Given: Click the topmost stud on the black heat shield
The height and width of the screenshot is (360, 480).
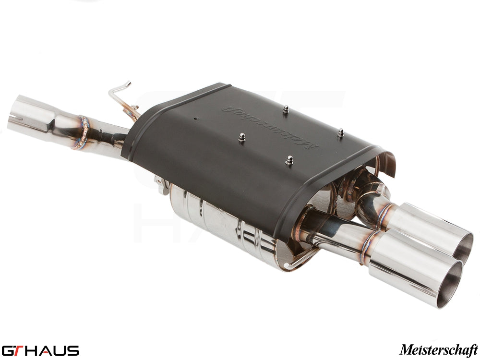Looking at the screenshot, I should pyautogui.click(x=285, y=110).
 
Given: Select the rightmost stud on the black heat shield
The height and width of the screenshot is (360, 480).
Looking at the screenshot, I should pyautogui.click(x=340, y=132).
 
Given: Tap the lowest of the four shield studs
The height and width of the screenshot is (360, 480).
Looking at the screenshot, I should pyautogui.click(x=289, y=160).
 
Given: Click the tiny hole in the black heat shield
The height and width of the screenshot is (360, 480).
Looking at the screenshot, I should pyautogui.click(x=196, y=118).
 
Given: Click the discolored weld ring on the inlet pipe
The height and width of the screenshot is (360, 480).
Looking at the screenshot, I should pyautogui.click(x=84, y=132).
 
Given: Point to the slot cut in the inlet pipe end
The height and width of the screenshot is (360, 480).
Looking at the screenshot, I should pyautogui.click(x=16, y=117).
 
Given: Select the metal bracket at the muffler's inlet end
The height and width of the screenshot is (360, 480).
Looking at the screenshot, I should pyautogui.click(x=161, y=185).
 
